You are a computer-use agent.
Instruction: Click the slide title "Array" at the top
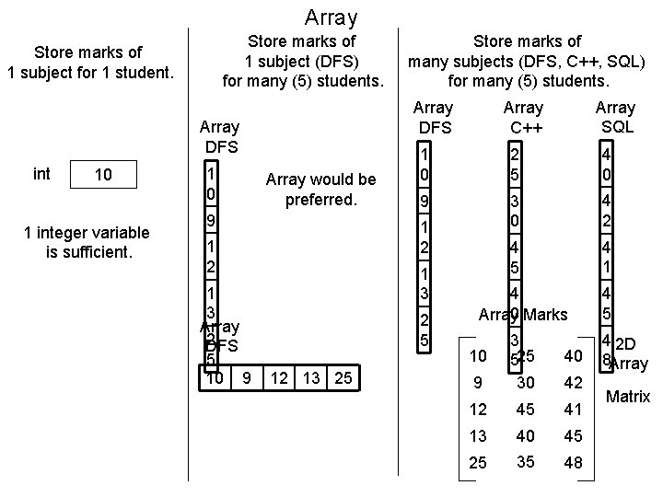pos(331,17)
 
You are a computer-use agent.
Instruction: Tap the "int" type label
pos(41,173)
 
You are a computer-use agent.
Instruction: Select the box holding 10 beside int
pos(105,175)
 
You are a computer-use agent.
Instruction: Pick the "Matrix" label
pos(627,397)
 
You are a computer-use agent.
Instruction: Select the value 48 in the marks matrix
pos(573,463)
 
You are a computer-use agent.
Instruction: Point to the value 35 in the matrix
pos(526,461)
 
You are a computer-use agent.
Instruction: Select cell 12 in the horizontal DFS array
pos(280,377)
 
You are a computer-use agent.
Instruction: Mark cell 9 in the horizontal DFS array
pos(246,377)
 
